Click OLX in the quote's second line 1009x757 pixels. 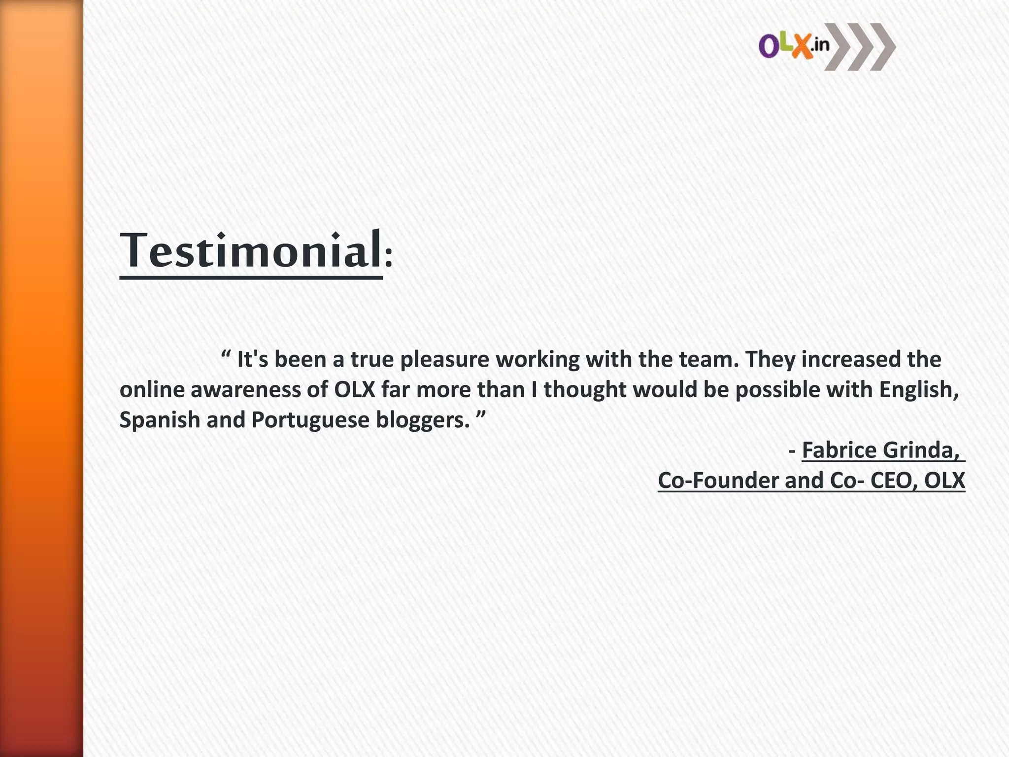tap(355, 390)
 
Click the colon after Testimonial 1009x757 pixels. tap(389, 257)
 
